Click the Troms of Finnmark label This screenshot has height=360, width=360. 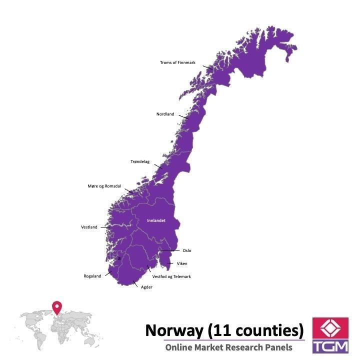(177, 62)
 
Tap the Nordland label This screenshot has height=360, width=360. (165, 114)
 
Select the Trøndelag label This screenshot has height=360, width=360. (140, 161)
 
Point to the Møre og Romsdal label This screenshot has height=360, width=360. (104, 186)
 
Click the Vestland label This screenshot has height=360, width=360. (89, 227)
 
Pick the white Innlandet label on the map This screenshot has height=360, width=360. (156, 220)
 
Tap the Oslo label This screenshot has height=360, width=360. (187, 250)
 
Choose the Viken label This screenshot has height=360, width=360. (182, 263)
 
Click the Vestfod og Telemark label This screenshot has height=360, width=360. (171, 276)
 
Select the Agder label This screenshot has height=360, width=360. (147, 287)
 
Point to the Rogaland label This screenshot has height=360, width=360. (92, 276)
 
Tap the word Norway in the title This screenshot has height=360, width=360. (173, 330)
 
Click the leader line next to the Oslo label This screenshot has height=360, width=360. (168, 250)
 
